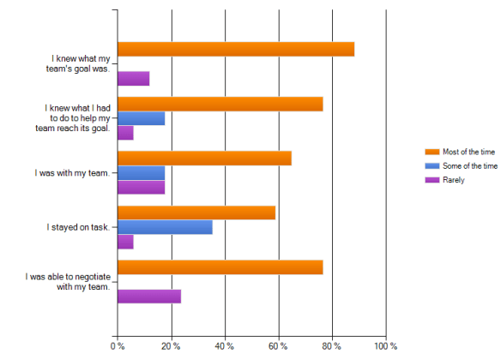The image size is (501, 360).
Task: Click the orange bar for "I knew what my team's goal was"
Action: click(236, 49)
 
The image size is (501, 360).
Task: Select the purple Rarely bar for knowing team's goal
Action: click(134, 78)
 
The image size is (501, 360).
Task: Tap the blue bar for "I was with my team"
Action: click(141, 173)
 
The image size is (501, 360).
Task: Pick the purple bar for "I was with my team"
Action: click(141, 187)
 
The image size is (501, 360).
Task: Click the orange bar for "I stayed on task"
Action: click(196, 213)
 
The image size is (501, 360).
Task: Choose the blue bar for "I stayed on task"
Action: click(165, 227)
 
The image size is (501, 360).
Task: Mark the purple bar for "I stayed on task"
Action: click(125, 242)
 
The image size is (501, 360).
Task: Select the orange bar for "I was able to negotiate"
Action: click(220, 267)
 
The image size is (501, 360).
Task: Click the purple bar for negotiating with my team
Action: click(149, 297)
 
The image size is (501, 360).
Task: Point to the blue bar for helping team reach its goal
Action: click(141, 118)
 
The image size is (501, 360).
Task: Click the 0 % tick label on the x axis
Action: click(118, 346)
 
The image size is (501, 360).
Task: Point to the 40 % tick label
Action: click(225, 346)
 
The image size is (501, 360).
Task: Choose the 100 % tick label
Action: click(386, 346)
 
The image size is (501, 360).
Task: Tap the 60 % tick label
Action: click(279, 346)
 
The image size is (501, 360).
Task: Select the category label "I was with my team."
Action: click(72, 173)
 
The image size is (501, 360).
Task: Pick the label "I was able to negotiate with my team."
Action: click(68, 282)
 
